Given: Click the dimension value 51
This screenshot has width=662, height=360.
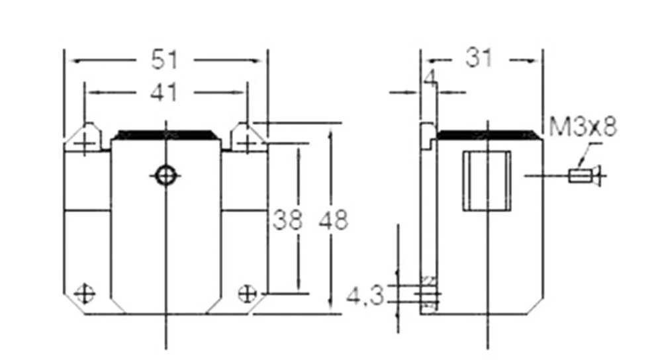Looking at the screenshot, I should click(x=165, y=60).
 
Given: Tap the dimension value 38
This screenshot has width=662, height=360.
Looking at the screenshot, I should click(x=287, y=220).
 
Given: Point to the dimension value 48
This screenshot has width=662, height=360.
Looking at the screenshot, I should click(x=333, y=220).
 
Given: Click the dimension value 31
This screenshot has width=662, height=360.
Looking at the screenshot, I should click(x=479, y=59).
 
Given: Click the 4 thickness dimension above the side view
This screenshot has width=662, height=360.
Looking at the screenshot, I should click(x=430, y=80).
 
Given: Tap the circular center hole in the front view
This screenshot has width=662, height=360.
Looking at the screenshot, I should click(x=165, y=175).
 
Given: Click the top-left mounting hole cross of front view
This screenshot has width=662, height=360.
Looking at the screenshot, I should click(x=84, y=143).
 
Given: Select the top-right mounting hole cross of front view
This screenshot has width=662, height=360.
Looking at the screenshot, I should click(x=246, y=143).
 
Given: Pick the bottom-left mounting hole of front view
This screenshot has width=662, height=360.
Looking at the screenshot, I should click(x=84, y=292).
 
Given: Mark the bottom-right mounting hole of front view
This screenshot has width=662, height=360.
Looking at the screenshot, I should click(x=247, y=292).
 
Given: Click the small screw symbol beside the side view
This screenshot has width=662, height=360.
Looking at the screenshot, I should click(x=584, y=176).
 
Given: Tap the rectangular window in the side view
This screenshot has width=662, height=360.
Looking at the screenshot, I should click(x=487, y=181).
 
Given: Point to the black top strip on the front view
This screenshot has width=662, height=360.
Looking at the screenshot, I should click(x=165, y=135).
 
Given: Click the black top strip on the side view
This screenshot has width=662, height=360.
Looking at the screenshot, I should click(x=487, y=135).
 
